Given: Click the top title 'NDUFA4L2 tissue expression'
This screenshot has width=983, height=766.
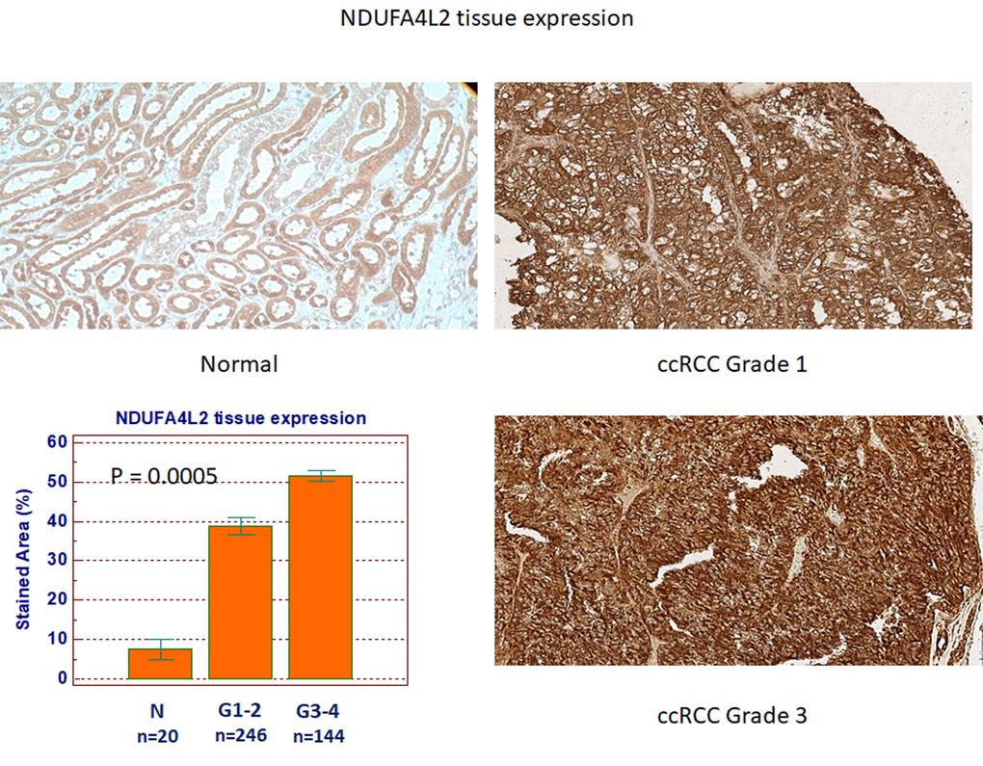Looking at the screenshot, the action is click(487, 19).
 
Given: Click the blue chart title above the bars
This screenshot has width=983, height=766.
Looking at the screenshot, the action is click(241, 418).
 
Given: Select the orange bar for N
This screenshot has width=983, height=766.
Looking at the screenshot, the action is click(160, 664).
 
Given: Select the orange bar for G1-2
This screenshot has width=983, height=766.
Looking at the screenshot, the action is click(240, 602).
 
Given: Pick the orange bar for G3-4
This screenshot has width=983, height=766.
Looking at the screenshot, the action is click(320, 577).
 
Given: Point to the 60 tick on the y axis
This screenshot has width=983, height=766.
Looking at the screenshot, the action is click(57, 442).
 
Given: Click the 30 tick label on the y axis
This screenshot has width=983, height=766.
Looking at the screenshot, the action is click(57, 560).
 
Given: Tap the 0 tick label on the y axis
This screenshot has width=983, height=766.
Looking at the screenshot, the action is click(62, 677).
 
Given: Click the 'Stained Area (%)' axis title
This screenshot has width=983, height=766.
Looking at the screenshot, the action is click(23, 559).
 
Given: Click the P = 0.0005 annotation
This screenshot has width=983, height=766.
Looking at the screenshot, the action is click(164, 476).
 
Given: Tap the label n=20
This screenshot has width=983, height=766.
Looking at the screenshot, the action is click(157, 736).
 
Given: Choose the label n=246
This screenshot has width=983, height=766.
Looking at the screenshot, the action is click(241, 734).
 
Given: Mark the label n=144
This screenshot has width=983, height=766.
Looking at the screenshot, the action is click(318, 736).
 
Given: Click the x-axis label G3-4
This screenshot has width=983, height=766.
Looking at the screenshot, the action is click(318, 711).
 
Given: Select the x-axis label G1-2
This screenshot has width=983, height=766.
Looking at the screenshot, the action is click(239, 710).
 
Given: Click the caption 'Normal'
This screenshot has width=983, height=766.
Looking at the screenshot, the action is click(239, 364).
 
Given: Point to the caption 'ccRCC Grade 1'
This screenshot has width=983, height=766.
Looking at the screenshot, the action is click(731, 364).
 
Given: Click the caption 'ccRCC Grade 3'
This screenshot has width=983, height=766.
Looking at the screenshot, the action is click(731, 715).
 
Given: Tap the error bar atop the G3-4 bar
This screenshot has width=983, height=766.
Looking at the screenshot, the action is click(320, 476).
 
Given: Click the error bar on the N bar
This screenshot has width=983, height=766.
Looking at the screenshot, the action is click(160, 649).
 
